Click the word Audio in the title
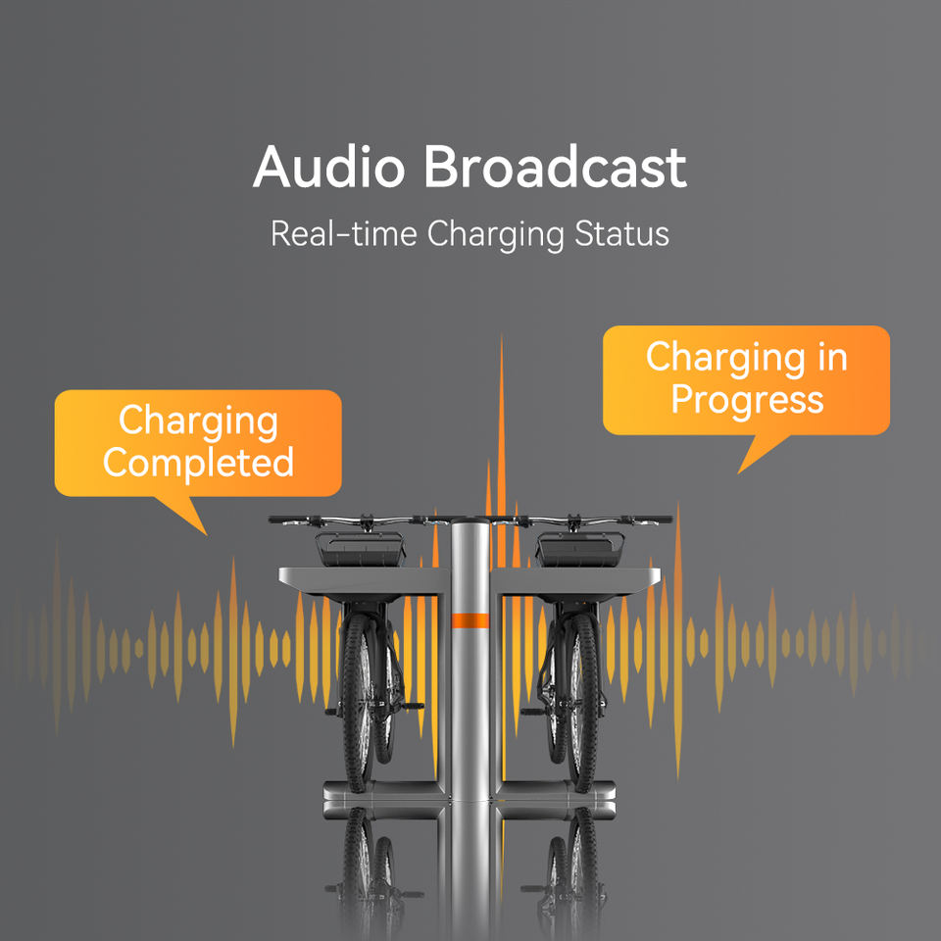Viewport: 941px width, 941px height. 328,169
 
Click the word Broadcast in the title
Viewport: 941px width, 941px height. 555,169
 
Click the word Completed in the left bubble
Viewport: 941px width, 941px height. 198,462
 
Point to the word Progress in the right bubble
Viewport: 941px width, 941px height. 747,399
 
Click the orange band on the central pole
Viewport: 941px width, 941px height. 470,620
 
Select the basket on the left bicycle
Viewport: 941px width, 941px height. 359,550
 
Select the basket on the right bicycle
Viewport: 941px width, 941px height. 581,550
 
